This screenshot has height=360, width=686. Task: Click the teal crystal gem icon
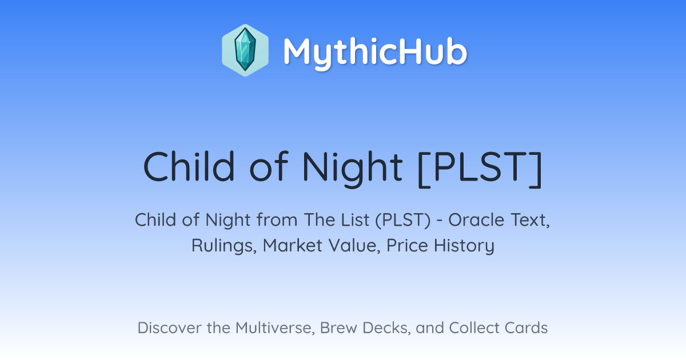[x=245, y=50]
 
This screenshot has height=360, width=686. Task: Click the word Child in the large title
[x=189, y=166]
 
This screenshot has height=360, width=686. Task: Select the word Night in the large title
[x=352, y=169]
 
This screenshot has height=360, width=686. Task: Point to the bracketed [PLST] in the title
[x=480, y=169]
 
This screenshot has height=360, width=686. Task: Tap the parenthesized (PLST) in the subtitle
[x=403, y=221]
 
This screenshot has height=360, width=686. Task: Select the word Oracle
[x=476, y=220]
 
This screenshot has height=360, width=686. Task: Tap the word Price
[x=407, y=246]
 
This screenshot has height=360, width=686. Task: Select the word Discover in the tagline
[x=169, y=328]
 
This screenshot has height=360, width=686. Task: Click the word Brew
[x=338, y=328]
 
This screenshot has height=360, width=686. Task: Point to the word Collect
[x=474, y=328]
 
